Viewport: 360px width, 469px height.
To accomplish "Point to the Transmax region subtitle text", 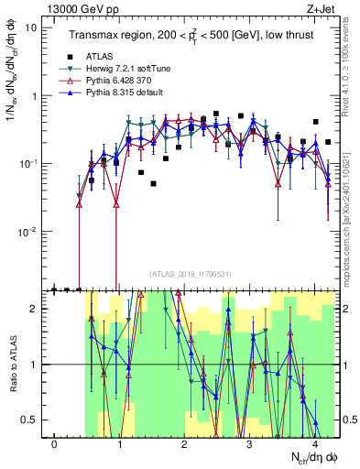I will click(190, 35).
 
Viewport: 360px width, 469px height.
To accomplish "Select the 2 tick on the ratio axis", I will click(32, 309).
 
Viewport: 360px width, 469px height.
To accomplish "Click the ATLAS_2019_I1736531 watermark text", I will click(190, 273).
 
